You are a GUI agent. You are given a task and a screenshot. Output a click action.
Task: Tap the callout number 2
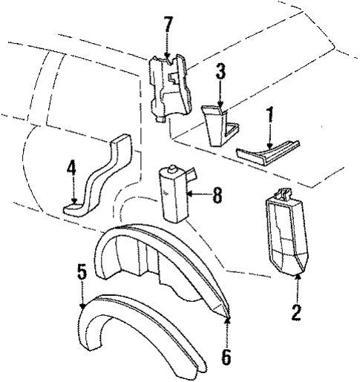click(296, 313)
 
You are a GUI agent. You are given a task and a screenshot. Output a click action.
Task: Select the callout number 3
click(220, 72)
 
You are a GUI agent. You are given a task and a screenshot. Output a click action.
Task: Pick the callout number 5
click(82, 271)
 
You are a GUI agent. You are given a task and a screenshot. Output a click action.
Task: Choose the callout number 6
click(226, 357)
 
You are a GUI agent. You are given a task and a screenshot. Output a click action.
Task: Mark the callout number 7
click(168, 24)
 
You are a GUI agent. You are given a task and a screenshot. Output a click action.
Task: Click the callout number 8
click(216, 196)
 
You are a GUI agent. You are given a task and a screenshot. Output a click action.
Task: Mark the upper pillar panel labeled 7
click(169, 87)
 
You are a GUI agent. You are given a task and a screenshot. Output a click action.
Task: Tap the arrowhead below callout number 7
click(168, 56)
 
